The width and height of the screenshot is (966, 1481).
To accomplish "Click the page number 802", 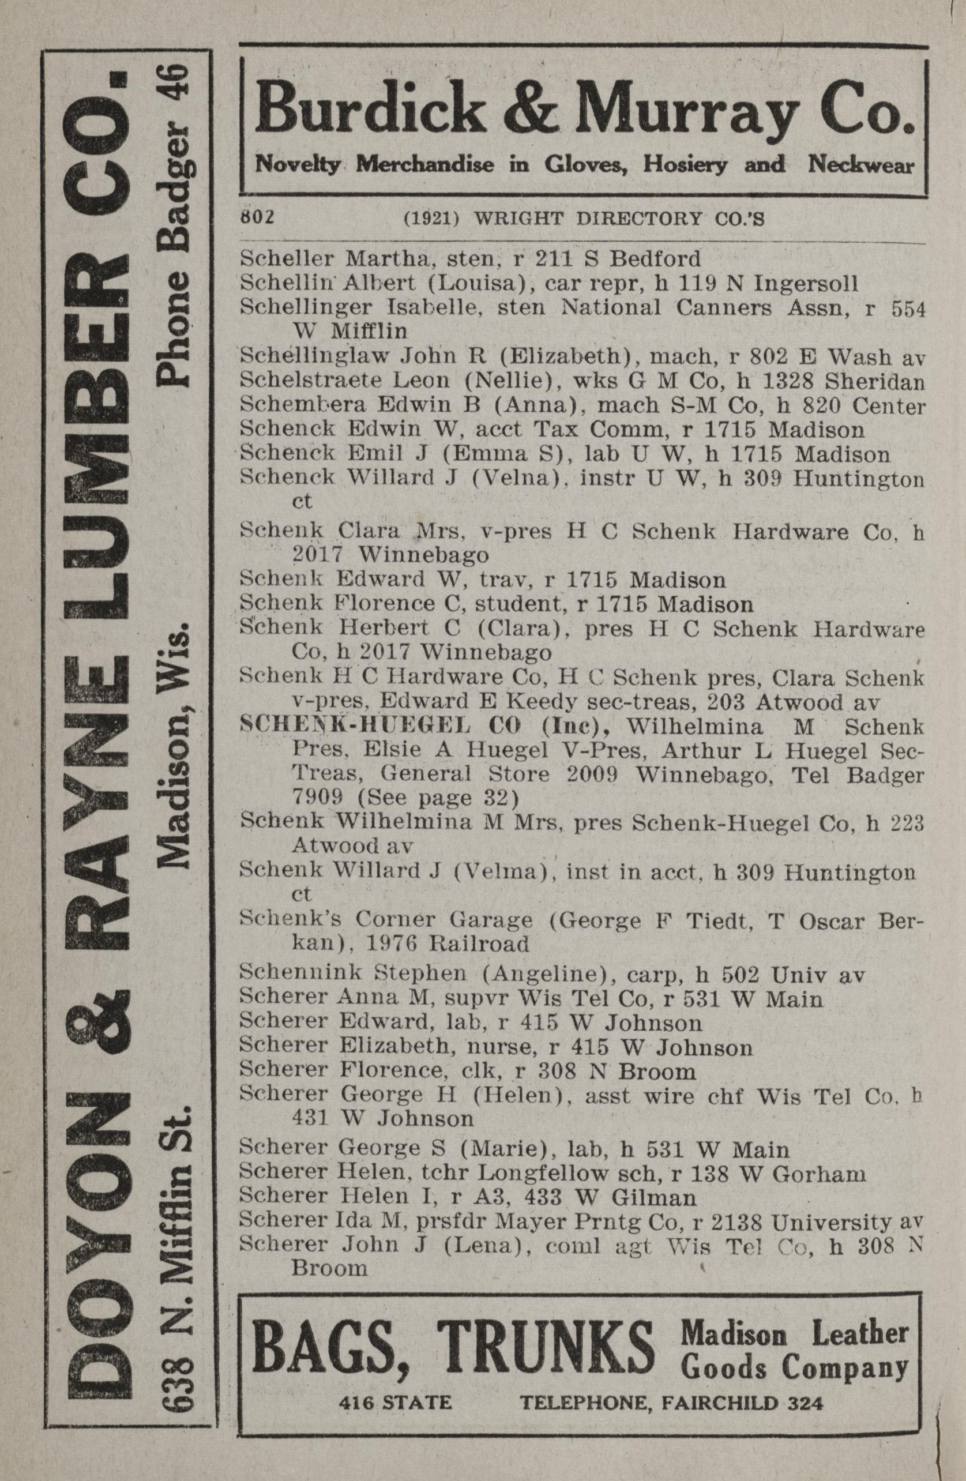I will pos(257,219).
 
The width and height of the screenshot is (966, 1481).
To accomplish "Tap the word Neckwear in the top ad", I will pos(862,165).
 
